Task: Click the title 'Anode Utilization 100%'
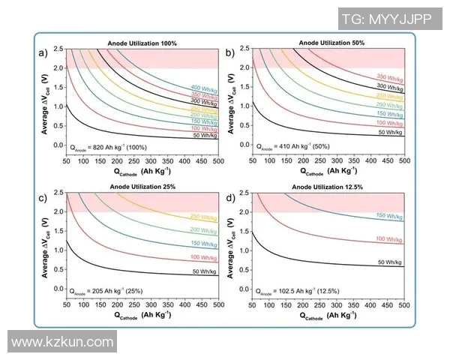pyautogui.click(x=142, y=43)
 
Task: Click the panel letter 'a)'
pyautogui.click(x=43, y=52)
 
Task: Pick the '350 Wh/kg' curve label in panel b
pyautogui.click(x=390, y=77)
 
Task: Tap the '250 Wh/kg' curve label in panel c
pyautogui.click(x=203, y=217)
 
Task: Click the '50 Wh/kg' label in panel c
pyautogui.click(x=203, y=271)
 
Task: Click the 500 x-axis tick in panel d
pyautogui.click(x=403, y=306)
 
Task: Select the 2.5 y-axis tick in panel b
pyautogui.click(x=244, y=49)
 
